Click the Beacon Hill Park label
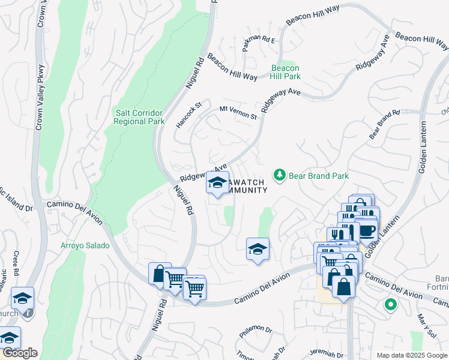[x=285, y=73]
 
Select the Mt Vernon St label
[x=238, y=112]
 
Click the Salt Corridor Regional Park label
[x=139, y=116]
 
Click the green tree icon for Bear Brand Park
[x=279, y=175]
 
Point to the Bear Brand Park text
[x=319, y=176]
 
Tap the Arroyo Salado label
[x=85, y=245]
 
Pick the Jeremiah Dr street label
[x=323, y=354]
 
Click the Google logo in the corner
[x=19, y=353]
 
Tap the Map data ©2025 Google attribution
[x=411, y=355]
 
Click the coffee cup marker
[x=366, y=230]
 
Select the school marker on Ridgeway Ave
[x=217, y=184]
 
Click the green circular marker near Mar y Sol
[x=390, y=305]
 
